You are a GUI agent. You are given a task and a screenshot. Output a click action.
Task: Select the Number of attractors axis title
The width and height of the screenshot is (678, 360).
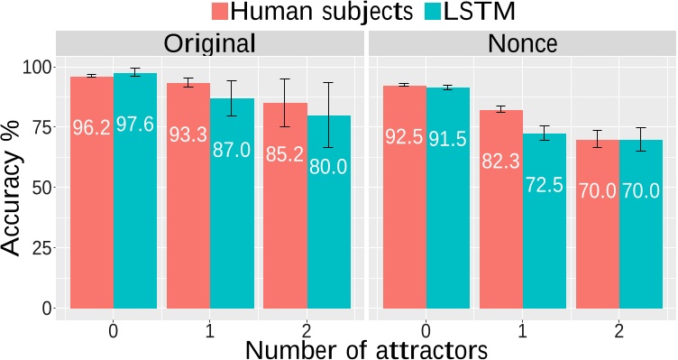(367, 347)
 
